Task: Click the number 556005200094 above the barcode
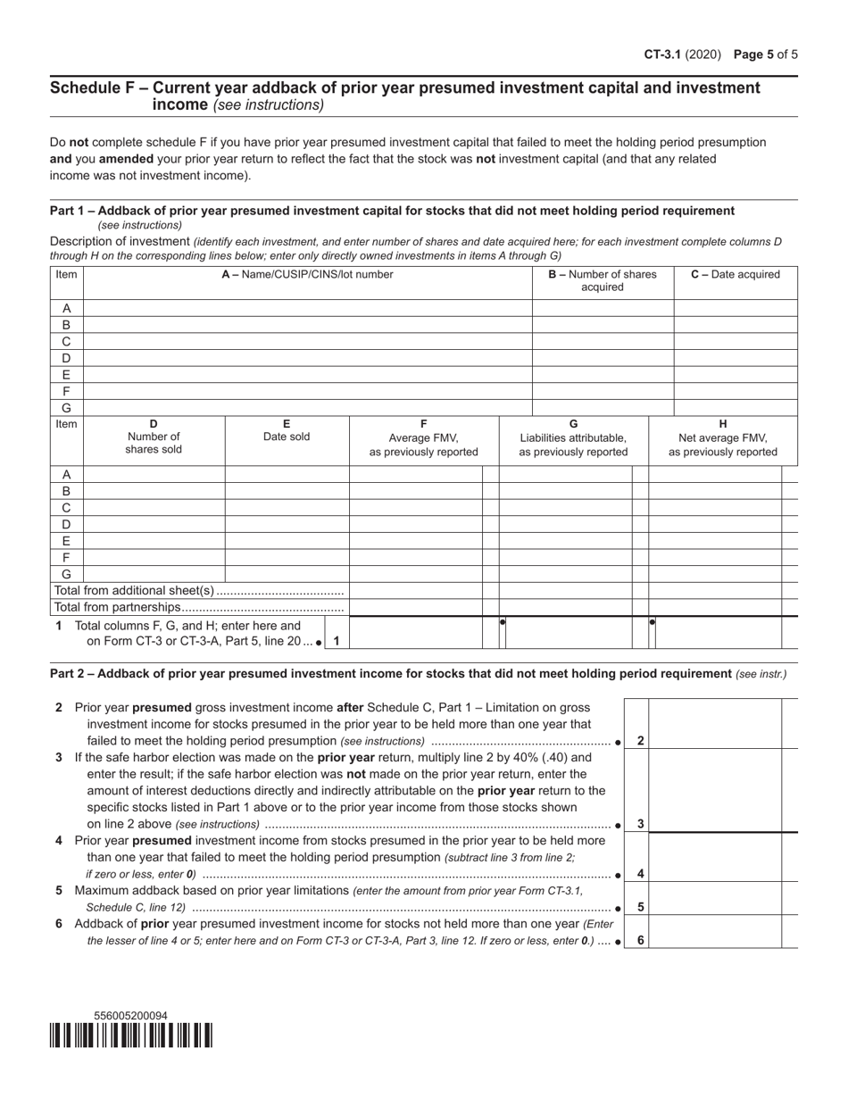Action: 130,1016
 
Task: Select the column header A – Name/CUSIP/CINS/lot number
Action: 307,275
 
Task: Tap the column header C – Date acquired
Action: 735,275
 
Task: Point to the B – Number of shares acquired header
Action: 603,281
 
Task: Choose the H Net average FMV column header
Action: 722,437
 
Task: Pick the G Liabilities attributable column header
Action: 573,437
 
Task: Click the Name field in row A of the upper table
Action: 307,308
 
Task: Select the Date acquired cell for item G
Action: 735,408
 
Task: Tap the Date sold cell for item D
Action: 287,525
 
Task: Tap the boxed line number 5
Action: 641,907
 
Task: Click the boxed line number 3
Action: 641,824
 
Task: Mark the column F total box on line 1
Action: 415,632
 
